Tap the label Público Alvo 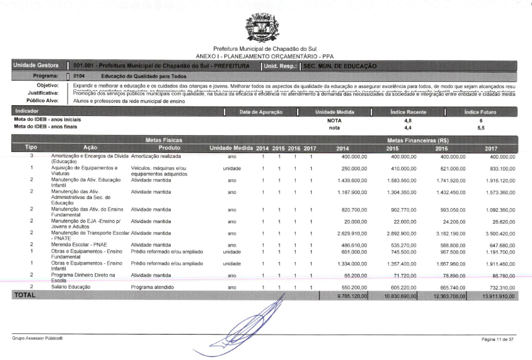pos(42,99)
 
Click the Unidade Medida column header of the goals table pos(231,148)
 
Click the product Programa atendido pos(153,287)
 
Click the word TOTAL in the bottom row pos(25,296)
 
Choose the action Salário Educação pos(71,287)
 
